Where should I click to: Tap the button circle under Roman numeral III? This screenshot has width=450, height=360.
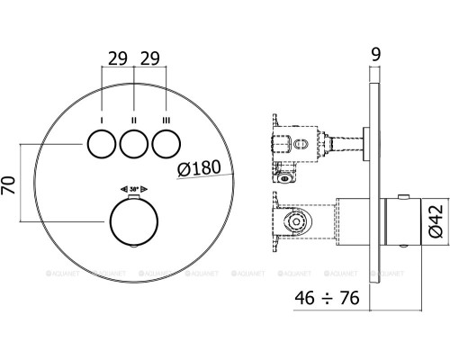(x=166, y=143)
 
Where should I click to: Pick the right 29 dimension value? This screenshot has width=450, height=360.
(x=151, y=58)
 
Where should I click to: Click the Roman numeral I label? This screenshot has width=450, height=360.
(x=103, y=119)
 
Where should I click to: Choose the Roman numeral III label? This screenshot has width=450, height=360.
(x=166, y=119)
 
